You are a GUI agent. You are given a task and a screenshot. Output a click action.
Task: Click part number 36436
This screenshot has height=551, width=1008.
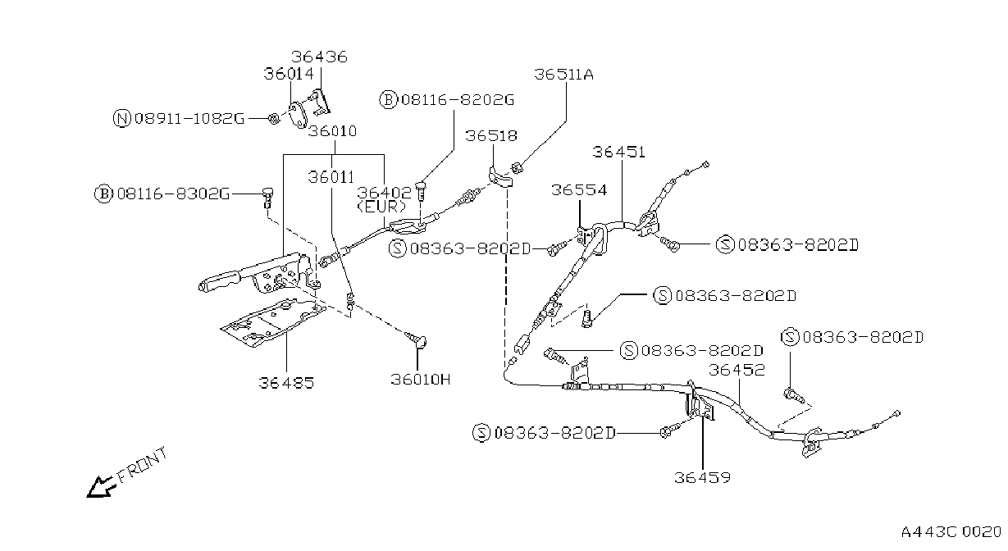[x=319, y=57]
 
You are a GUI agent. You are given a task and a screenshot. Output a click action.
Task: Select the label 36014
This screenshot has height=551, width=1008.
[x=289, y=73]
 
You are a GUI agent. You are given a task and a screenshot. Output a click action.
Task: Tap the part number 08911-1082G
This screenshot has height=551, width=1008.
[x=189, y=118]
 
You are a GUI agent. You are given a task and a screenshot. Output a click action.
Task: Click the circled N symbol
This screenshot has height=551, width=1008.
[x=121, y=118]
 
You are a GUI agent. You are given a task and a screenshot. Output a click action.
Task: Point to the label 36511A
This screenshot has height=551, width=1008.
[x=563, y=74]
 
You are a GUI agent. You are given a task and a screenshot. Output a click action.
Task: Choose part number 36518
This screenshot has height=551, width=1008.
[x=491, y=135]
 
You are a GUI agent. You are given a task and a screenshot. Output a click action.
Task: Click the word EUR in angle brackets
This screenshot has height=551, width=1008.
[x=381, y=207]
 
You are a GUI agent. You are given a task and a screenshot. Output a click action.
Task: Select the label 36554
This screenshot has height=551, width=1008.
[x=579, y=189]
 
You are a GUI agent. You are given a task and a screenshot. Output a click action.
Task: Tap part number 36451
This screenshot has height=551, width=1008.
[x=618, y=152]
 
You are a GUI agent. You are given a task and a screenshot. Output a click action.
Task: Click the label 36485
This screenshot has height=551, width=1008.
[x=286, y=383]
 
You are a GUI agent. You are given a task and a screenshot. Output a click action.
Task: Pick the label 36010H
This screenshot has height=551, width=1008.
[x=420, y=380]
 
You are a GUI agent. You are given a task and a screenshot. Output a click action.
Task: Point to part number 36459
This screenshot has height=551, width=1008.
[x=702, y=477]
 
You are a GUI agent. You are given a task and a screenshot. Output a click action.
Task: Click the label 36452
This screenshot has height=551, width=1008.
[x=737, y=370]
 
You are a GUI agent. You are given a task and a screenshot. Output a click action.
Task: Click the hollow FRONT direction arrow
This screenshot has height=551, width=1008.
[x=98, y=487]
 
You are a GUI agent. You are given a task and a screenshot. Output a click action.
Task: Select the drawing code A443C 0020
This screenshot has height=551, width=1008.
[x=951, y=532]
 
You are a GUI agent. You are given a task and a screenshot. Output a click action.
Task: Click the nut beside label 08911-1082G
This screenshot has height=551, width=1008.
[x=274, y=119]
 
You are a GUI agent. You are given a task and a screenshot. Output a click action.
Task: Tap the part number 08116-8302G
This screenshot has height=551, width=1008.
[x=173, y=194]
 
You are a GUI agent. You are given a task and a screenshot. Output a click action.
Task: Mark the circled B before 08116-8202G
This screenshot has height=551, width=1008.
[x=388, y=99]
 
